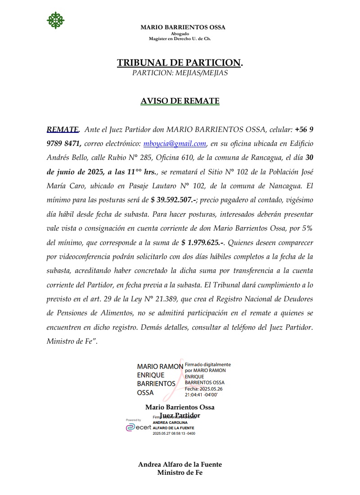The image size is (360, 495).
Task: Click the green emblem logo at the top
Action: [x=56, y=20]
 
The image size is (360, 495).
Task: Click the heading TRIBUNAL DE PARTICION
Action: [x=180, y=63]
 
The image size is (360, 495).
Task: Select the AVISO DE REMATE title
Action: [x=180, y=101]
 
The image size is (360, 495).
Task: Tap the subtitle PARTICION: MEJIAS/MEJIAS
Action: [x=180, y=73]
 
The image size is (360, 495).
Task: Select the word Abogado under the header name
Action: [x=180, y=34]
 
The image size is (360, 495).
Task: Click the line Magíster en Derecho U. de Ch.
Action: [x=180, y=39]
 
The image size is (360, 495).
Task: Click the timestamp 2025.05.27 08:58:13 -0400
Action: [x=174, y=433]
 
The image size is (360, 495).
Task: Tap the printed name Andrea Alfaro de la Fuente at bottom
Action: [x=180, y=464]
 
